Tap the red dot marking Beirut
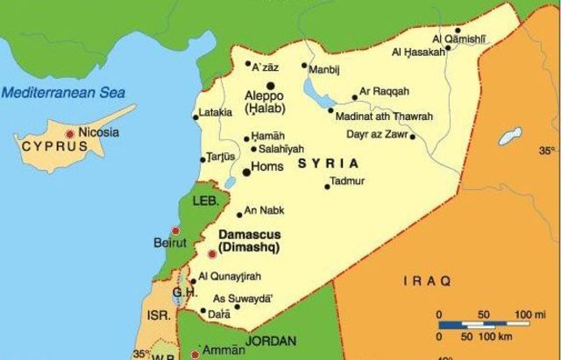coord(175,231)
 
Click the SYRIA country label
coord(329,164)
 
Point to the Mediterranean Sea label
coord(62,92)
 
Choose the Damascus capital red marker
coord(210,254)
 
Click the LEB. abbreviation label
coord(205,201)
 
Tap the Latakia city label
coord(216,113)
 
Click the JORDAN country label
coord(271,341)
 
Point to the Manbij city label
coord(323,69)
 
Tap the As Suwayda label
coord(238,297)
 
